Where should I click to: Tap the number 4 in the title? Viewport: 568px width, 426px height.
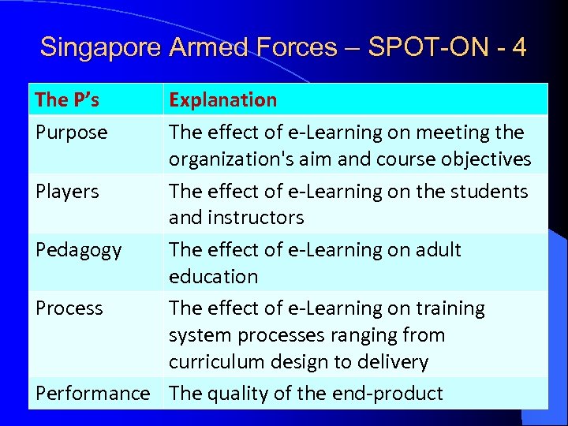518,47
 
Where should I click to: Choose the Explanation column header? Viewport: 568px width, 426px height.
223,99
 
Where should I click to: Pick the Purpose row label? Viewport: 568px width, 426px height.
71,132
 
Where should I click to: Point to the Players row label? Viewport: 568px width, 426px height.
67,191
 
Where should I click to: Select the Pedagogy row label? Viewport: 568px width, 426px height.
78,250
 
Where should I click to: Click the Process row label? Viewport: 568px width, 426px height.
69,308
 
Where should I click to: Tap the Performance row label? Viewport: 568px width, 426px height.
92,393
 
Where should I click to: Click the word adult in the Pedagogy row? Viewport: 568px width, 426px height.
439,250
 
